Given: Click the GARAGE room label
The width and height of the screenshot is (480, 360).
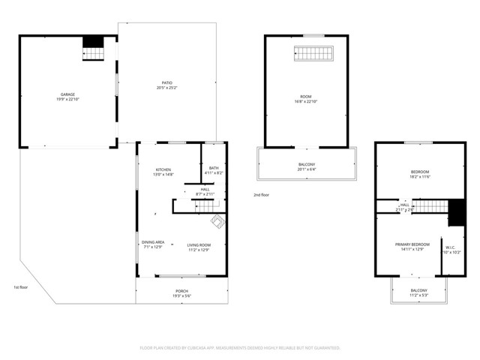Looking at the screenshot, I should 67,94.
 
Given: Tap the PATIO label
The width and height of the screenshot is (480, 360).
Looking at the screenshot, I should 166,83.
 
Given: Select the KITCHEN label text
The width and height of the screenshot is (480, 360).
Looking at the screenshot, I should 164,169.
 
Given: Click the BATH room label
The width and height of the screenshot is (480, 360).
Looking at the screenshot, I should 214,168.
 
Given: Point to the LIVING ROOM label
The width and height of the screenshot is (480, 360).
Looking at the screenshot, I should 199,245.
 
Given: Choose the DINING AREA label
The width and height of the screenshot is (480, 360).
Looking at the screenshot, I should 154,242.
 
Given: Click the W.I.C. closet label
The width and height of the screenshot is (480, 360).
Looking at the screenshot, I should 450,248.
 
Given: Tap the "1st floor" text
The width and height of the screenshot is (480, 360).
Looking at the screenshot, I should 21,287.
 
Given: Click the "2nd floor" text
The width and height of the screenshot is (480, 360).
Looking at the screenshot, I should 261,195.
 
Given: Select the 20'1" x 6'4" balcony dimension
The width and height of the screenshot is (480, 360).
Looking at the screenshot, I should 307,169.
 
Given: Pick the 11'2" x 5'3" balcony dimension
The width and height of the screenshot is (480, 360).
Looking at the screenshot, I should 418,295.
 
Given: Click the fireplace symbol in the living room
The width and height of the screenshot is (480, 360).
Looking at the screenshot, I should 217,222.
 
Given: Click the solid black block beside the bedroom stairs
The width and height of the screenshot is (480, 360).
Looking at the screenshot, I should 455,213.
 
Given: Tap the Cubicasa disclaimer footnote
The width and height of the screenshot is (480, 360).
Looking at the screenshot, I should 240,348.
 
